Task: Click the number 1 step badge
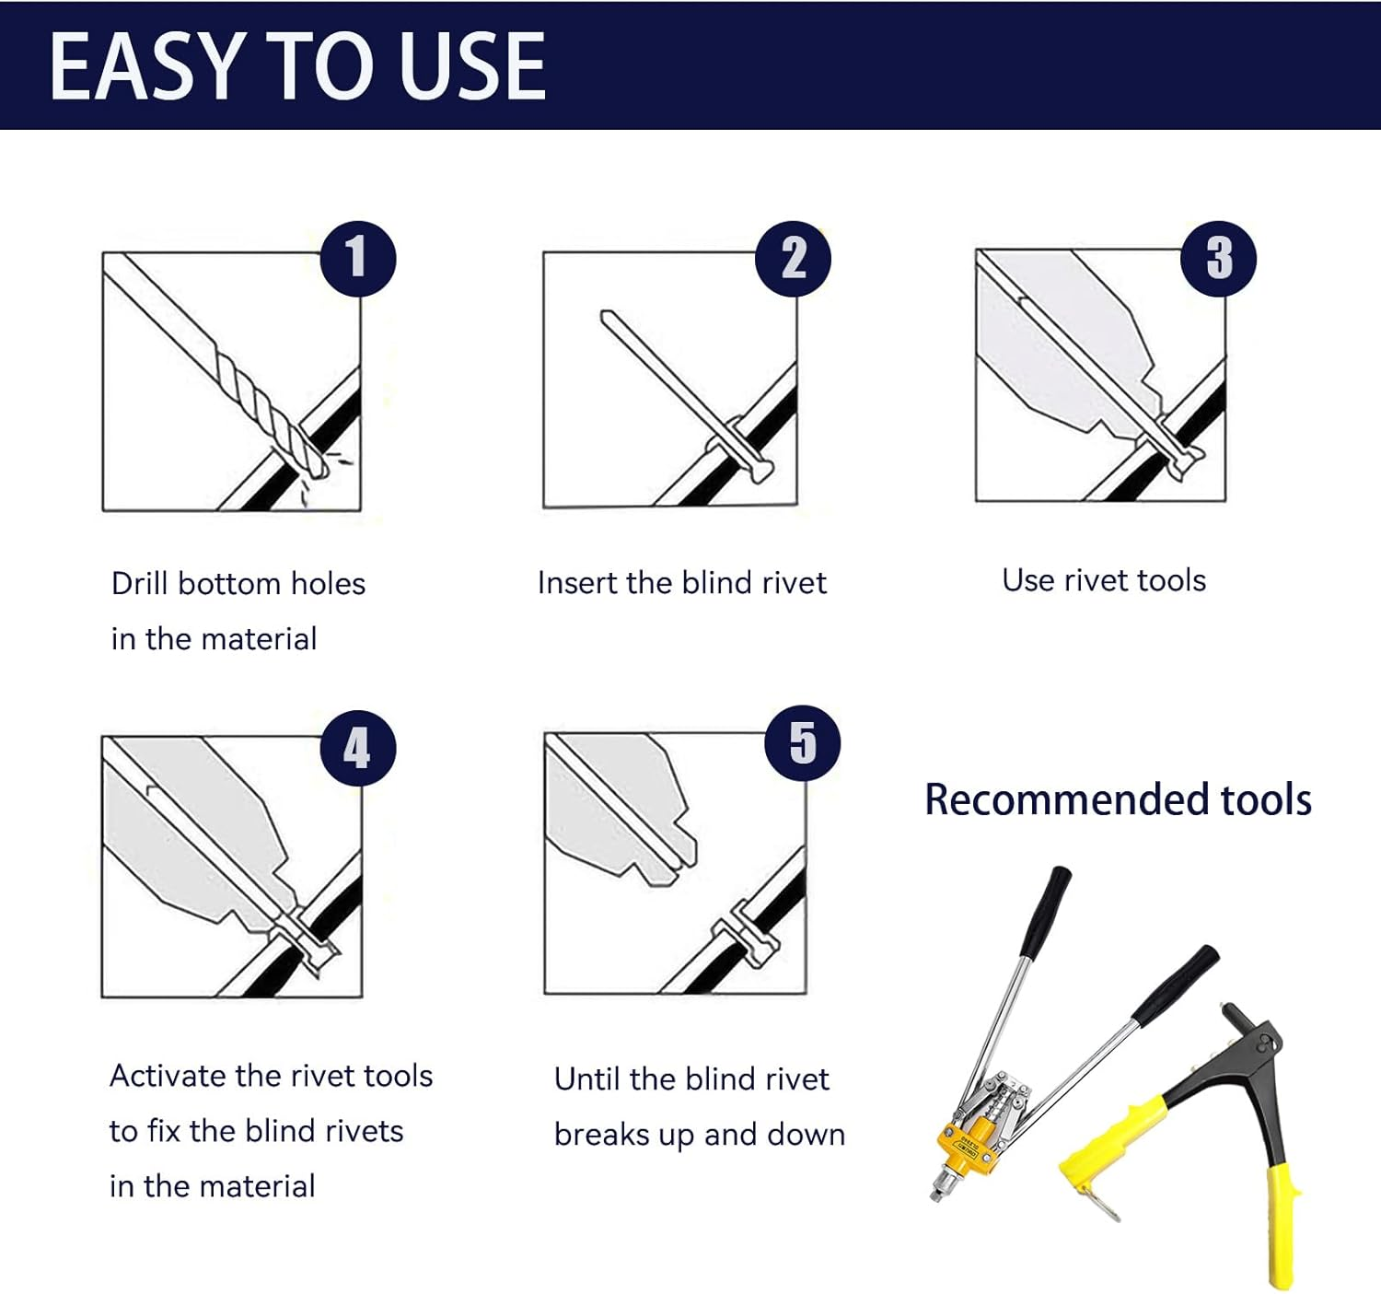358,259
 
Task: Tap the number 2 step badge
793,259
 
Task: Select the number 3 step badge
1218,259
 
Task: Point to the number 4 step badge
358,749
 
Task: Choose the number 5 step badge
803,743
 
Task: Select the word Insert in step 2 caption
577,583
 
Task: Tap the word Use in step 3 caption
1027,580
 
